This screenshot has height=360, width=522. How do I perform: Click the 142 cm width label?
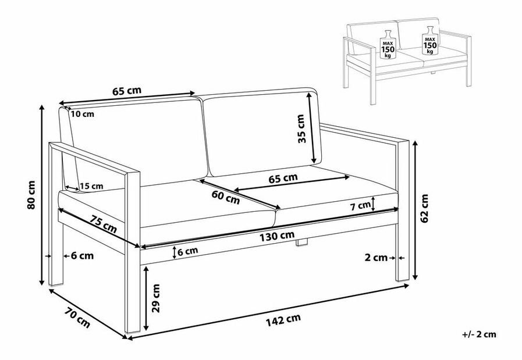(x=283, y=320)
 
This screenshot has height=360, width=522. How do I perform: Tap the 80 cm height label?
(x=31, y=195)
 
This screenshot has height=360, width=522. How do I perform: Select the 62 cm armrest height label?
(x=424, y=208)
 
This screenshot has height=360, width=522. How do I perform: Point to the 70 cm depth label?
(x=77, y=318)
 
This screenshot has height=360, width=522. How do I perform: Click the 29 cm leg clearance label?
(x=156, y=298)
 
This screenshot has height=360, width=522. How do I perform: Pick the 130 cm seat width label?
(x=277, y=236)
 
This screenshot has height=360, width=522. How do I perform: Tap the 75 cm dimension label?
(x=103, y=224)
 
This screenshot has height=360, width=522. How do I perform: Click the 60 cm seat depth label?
(x=226, y=197)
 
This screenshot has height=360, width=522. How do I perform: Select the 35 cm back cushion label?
(x=301, y=129)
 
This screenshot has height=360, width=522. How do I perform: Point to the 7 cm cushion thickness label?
(x=360, y=206)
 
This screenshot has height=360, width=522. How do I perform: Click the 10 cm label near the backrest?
(x=83, y=114)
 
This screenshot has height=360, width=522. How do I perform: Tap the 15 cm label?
(x=91, y=186)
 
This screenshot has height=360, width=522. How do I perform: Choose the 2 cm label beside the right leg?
(x=376, y=258)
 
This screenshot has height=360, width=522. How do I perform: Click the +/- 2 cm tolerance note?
(x=479, y=334)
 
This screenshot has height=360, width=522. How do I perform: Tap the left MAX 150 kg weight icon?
(x=388, y=44)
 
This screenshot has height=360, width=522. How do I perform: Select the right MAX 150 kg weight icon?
(x=430, y=40)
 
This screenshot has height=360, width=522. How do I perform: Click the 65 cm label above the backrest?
(x=126, y=91)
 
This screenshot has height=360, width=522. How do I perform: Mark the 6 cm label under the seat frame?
(x=188, y=251)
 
